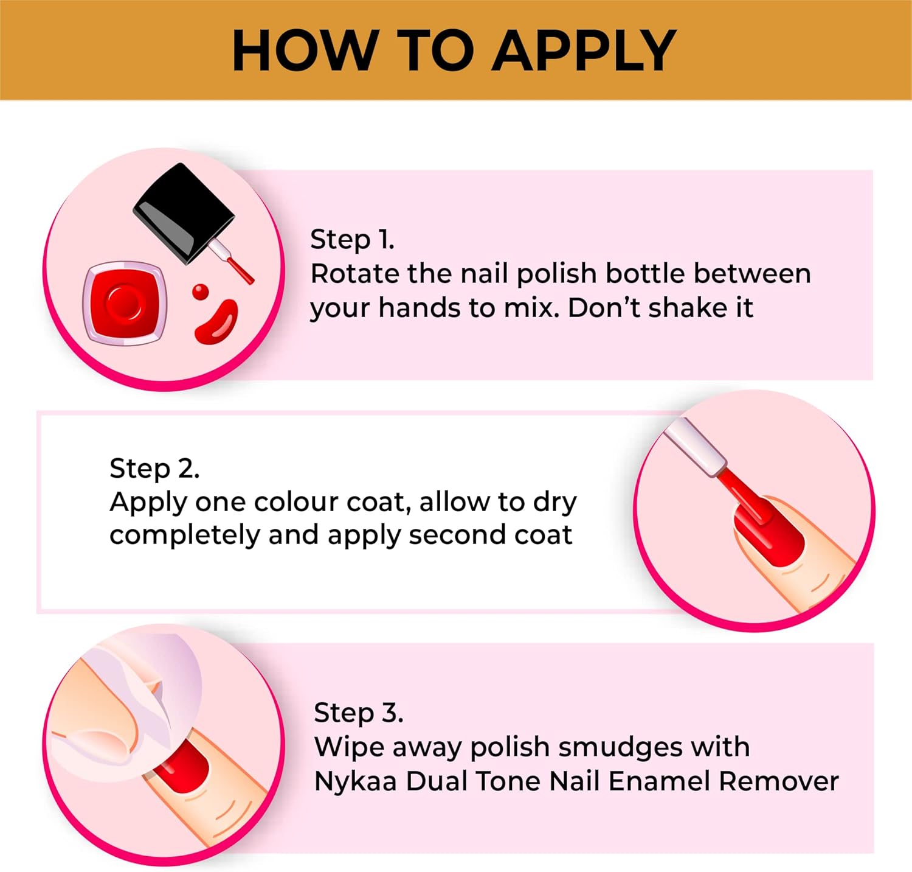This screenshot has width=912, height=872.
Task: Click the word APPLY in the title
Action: (x=584, y=51)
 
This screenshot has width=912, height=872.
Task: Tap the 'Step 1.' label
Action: (x=352, y=239)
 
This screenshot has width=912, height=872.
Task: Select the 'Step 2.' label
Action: (x=154, y=469)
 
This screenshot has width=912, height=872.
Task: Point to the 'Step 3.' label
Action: (x=358, y=713)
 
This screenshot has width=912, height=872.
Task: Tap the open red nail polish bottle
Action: (x=125, y=302)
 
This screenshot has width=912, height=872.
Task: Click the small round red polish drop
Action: (x=200, y=292)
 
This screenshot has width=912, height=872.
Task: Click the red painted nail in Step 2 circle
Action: (x=769, y=532)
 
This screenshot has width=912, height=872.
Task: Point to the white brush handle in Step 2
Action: (x=694, y=447)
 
